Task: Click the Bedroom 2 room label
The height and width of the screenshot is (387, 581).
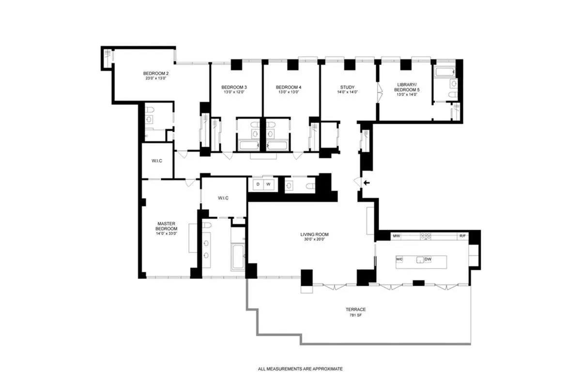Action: (156, 74)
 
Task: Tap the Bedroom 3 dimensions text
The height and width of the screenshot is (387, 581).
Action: (234, 92)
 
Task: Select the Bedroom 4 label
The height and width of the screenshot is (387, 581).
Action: (289, 87)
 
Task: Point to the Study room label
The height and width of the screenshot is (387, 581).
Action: (347, 87)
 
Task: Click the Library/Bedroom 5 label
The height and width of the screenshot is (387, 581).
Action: (407, 87)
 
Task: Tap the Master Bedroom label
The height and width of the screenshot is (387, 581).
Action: (166, 226)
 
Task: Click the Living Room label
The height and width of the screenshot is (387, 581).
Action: (314, 234)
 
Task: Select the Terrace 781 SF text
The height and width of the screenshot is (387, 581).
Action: (355, 312)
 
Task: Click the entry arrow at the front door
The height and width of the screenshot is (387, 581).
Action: (367, 183)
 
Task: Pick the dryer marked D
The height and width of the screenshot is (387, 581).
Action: (258, 184)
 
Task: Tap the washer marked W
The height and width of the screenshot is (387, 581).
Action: (269, 184)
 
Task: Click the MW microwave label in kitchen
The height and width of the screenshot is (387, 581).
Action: (396, 236)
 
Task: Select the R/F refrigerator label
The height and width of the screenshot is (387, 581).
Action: (462, 236)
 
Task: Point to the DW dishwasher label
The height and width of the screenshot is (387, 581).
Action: (428, 259)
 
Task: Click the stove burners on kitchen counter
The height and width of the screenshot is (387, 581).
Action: (426, 236)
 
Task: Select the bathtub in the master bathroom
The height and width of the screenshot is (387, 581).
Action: (238, 257)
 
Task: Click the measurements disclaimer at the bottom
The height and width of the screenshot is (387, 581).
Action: (300, 369)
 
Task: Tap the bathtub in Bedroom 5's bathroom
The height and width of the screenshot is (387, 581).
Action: (444, 72)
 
